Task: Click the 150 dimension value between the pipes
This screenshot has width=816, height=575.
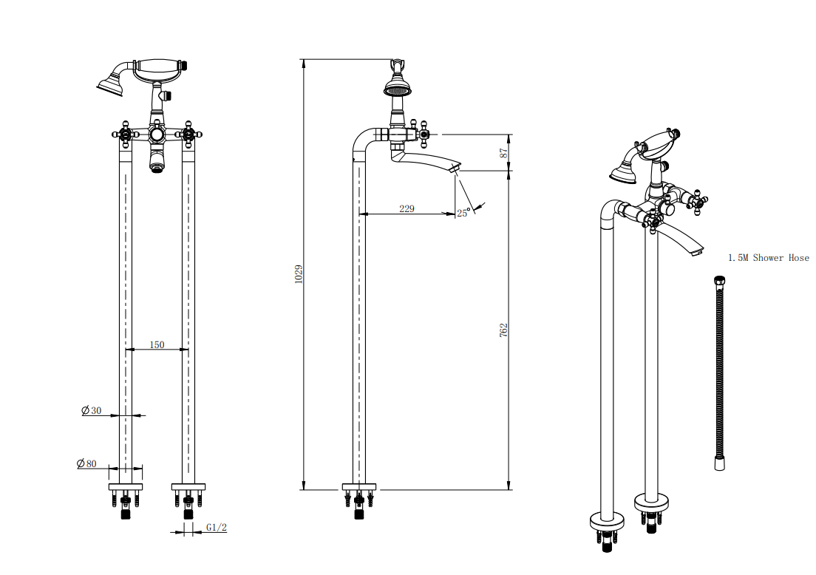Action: (157, 344)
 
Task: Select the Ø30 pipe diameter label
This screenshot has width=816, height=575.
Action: (92, 410)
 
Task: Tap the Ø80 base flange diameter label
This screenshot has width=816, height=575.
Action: (86, 463)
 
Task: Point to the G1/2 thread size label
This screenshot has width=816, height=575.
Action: (217, 528)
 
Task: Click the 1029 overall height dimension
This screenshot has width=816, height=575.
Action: (299, 274)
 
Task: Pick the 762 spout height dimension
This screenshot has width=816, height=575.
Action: (504, 330)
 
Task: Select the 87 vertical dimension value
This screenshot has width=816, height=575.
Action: (504, 153)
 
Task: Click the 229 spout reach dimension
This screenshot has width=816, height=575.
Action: (407, 209)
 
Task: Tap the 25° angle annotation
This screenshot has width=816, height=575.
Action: (463, 212)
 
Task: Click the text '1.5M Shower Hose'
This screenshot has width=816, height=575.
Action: (768, 258)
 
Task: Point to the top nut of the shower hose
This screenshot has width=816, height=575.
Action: (719, 281)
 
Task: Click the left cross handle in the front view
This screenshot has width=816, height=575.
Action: (125, 135)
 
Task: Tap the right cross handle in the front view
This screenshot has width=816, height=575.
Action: (189, 135)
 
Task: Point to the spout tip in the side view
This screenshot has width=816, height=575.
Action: (455, 170)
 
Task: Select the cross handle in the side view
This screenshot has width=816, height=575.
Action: (424, 135)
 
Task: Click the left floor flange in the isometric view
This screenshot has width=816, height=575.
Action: (608, 522)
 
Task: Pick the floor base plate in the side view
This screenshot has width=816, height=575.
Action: (359, 486)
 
